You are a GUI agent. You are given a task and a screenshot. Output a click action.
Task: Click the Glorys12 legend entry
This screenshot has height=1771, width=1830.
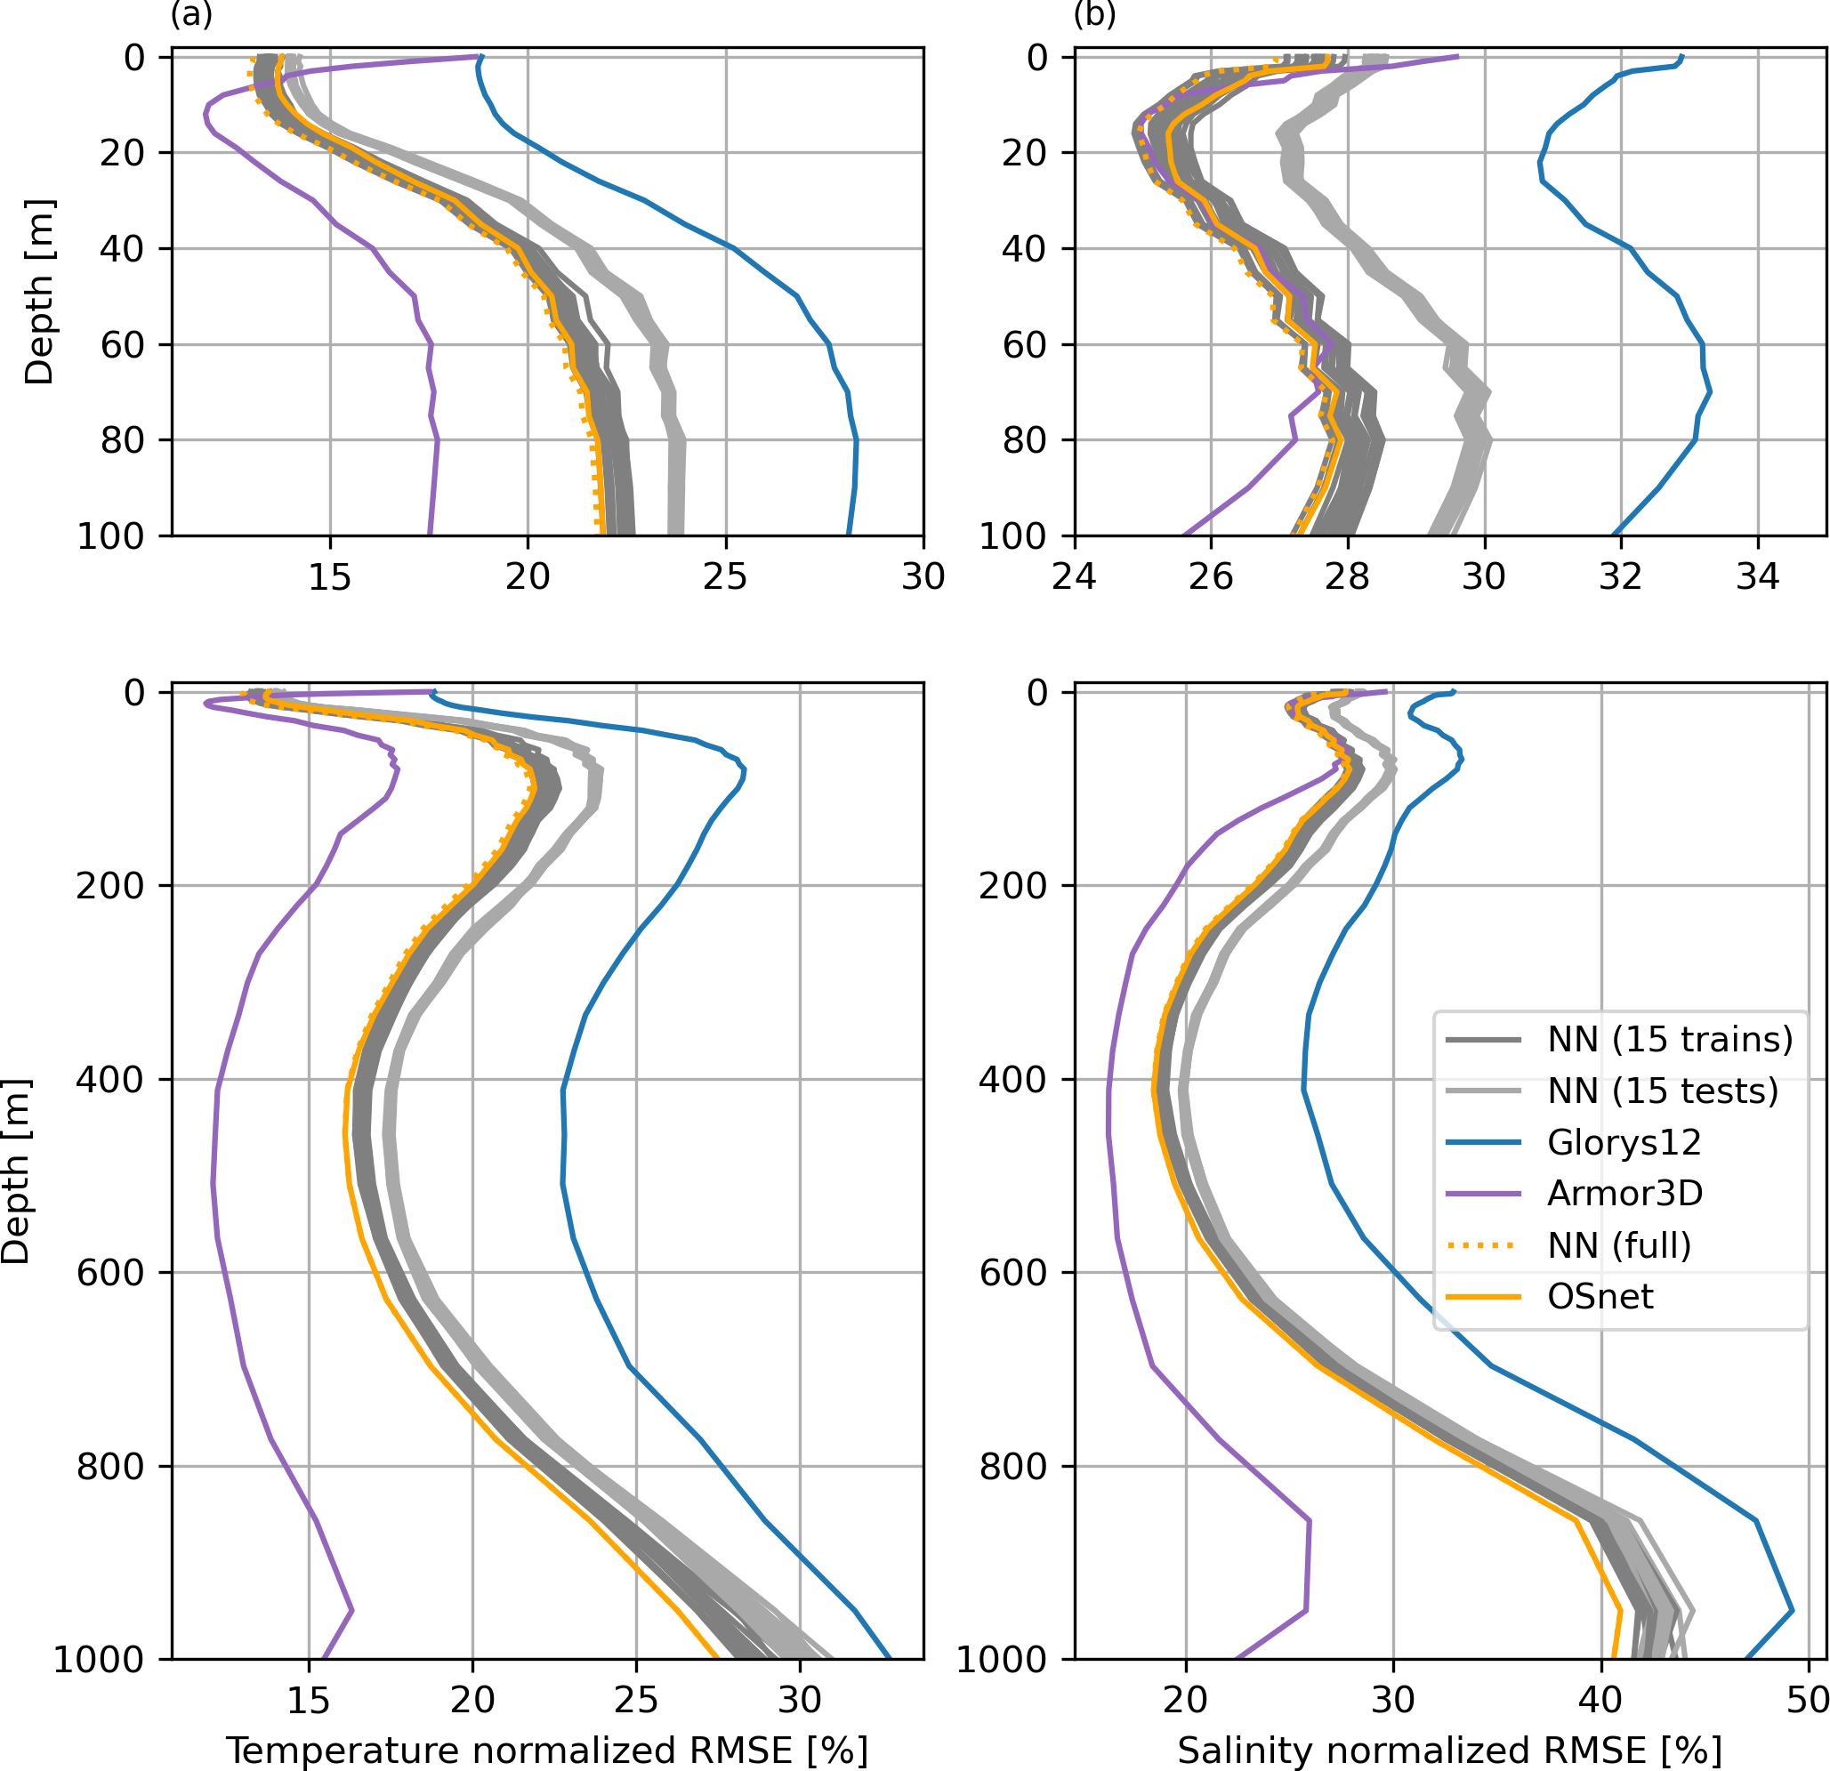point(1624,1142)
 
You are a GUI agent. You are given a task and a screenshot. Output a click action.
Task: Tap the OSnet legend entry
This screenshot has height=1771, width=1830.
point(1600,1296)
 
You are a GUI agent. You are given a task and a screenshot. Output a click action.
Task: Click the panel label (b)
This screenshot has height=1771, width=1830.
point(1095,15)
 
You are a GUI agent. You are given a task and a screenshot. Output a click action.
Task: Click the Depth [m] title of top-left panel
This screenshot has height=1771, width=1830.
point(39,293)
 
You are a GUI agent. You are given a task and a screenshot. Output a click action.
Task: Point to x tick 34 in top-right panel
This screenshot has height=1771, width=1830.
point(1757,577)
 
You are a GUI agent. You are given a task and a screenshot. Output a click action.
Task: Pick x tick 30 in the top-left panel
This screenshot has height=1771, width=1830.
point(923,577)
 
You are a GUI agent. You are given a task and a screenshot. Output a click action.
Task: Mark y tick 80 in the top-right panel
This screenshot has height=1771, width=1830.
point(1025,439)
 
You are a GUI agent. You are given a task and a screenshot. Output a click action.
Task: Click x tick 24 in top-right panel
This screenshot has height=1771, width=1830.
point(1075,577)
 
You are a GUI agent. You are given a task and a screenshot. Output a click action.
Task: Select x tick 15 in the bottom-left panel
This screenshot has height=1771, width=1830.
point(309,1699)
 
